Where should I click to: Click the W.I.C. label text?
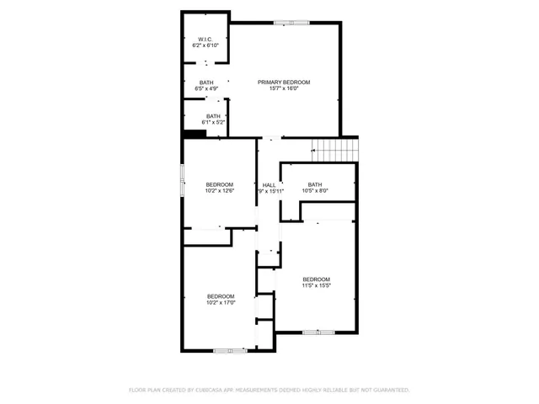point(205,40)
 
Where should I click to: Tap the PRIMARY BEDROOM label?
point(284,82)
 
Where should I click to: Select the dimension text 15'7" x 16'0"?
point(284,88)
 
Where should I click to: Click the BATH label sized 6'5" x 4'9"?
point(206,82)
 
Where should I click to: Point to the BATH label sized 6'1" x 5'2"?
point(213,116)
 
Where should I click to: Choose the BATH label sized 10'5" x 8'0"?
point(315,184)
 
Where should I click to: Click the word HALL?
point(269,185)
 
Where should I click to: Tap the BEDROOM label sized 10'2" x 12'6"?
point(220,184)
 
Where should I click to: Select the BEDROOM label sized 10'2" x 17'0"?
point(221,296)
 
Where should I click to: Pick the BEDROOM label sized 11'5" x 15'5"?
point(316,279)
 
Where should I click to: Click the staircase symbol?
point(334,150)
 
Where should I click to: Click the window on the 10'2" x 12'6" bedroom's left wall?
point(182,180)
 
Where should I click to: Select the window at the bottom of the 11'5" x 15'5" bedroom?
point(312,332)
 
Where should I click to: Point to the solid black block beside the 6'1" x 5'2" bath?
point(189,132)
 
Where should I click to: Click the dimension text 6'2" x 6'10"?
point(205,45)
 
